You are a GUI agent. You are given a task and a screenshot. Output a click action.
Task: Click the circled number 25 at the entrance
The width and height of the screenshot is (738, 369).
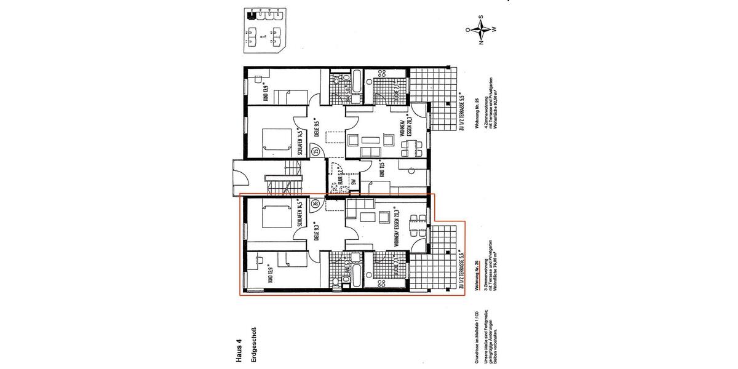[315, 151]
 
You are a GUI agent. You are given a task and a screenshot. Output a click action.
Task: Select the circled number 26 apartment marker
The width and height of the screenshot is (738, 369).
[315, 204]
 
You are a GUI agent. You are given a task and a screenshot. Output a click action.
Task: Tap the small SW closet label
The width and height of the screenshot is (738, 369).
[354, 181]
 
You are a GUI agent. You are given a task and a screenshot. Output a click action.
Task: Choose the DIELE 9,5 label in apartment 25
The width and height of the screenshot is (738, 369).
[314, 125]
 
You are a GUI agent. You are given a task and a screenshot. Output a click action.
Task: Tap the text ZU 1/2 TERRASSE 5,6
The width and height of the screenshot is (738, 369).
[461, 268]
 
